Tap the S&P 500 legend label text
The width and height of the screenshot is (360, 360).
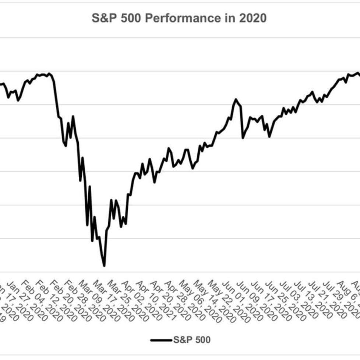[x=192, y=339]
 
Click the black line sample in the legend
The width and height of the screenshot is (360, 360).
[x=161, y=340]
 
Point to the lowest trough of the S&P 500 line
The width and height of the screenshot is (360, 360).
[x=104, y=265]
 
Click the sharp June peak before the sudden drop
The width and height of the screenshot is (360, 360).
[x=236, y=99]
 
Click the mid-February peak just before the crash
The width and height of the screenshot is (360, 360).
[x=49, y=74]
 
